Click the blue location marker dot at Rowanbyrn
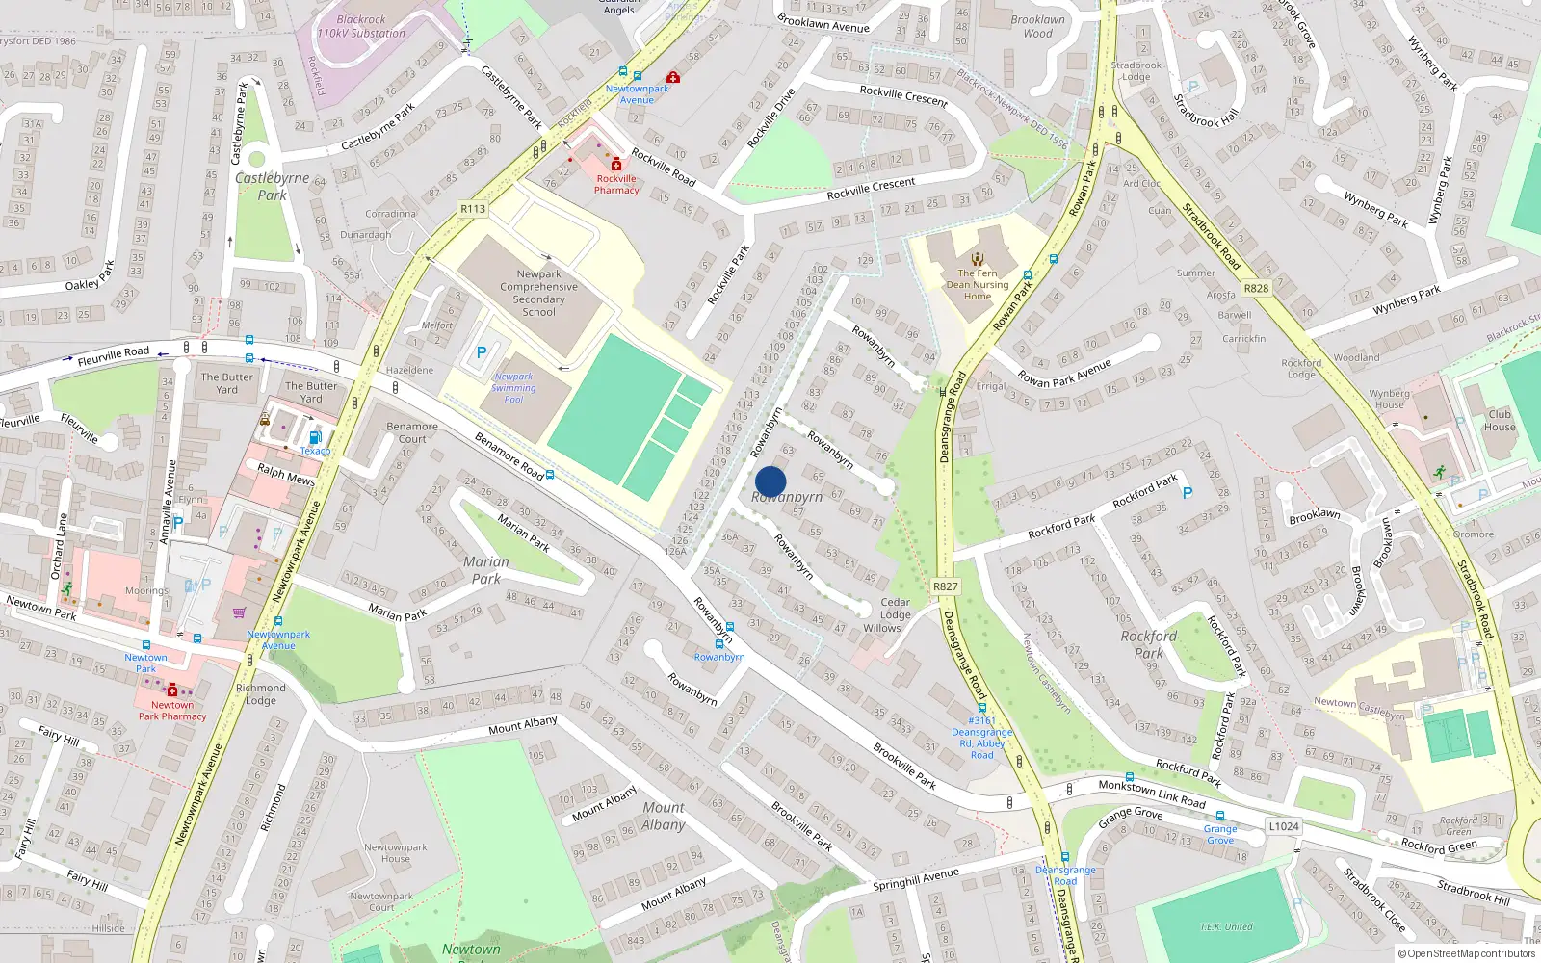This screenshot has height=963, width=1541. pyautogui.click(x=770, y=481)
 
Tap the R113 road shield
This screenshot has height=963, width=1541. pyautogui.click(x=473, y=209)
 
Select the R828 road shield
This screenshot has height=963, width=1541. pyautogui.click(x=1256, y=288)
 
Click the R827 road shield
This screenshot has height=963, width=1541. pyautogui.click(x=946, y=586)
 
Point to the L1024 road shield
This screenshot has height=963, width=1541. pyautogui.click(x=1284, y=825)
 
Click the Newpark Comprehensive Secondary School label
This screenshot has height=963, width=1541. pyautogui.click(x=538, y=293)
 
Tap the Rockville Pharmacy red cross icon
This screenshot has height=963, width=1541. pyautogui.click(x=616, y=165)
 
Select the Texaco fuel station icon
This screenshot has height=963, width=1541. pyautogui.click(x=315, y=438)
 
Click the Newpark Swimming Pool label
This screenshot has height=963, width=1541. pyautogui.click(x=513, y=388)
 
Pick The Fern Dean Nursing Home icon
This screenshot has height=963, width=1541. pyautogui.click(x=978, y=258)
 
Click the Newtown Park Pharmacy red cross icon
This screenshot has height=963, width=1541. pyautogui.click(x=172, y=690)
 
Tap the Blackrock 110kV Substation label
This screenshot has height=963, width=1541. pyautogui.click(x=361, y=26)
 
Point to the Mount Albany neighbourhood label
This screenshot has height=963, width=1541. pyautogui.click(x=664, y=816)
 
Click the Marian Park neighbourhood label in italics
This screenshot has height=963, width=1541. pyautogui.click(x=486, y=570)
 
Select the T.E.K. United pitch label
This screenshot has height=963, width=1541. pyautogui.click(x=1226, y=926)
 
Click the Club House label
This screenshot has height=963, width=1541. pyautogui.click(x=1500, y=421)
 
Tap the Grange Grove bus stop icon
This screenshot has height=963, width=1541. pyautogui.click(x=1220, y=816)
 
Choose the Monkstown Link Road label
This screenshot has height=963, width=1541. pyautogui.click(x=1152, y=794)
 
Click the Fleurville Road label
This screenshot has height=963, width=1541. pyautogui.click(x=114, y=355)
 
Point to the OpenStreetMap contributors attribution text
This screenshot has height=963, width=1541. pyautogui.click(x=1467, y=953)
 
